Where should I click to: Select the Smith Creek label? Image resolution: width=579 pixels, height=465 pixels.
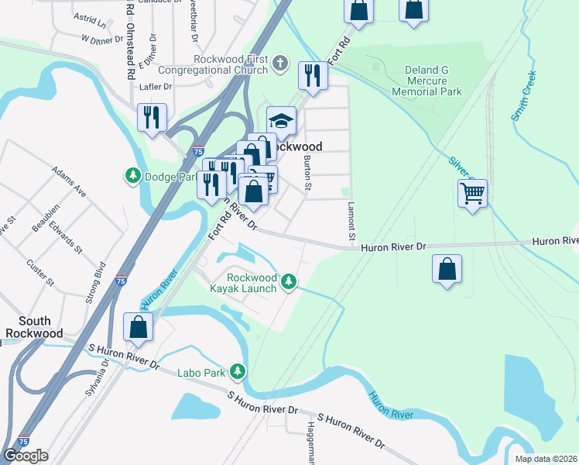(x=523, y=98)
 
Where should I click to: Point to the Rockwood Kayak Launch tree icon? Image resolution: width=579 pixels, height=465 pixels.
(x=289, y=281)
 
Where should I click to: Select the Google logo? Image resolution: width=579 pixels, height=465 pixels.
(x=26, y=456)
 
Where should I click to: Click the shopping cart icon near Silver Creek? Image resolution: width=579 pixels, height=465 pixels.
(x=472, y=193)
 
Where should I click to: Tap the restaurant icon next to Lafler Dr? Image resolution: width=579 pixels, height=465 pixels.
(x=151, y=118)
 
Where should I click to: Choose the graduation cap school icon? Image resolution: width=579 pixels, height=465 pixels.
(x=282, y=121)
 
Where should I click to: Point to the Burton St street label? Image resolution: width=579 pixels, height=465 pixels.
(x=307, y=172)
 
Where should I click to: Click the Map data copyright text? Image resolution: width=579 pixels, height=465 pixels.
(x=546, y=459)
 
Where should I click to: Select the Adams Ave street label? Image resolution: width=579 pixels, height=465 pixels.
(x=68, y=180)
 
